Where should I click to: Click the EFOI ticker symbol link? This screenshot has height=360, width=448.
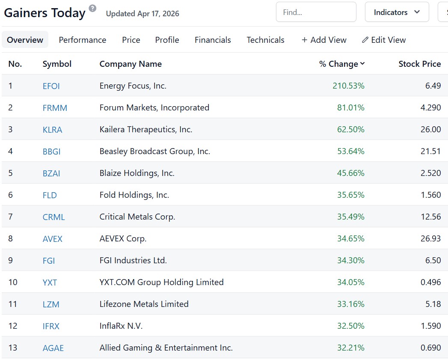coord(51,86)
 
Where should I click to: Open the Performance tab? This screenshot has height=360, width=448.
coord(83,40)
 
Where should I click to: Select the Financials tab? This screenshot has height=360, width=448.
coord(213,40)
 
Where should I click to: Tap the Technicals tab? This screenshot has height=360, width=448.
coord(265,40)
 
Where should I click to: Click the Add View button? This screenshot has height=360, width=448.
coord(324,40)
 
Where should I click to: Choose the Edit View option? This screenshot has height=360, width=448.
coord(384,40)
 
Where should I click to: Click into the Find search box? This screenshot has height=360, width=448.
coord(316,12)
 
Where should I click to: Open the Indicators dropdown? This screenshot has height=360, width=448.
coord(397,12)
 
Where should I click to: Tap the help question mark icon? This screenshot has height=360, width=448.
coord(92,8)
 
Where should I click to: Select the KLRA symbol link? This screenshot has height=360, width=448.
coord(52,130)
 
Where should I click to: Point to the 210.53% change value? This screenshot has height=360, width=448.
coord(348,86)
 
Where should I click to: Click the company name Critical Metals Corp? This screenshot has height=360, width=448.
coord(137,217)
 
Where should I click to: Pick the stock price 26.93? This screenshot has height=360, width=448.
coord(430,238)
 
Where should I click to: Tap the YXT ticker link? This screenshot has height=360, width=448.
coord(50,283)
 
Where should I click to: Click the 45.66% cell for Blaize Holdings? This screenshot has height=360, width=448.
coord(350,173)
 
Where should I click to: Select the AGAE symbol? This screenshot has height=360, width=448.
coord(53,348)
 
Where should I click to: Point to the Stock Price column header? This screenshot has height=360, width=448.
coord(419,64)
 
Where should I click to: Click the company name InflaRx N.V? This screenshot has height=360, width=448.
coord(121,326)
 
